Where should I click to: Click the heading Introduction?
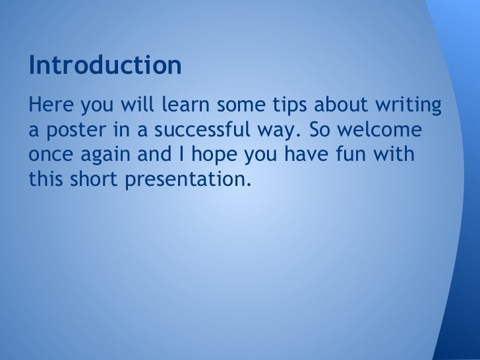click(x=104, y=66)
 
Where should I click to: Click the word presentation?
click(x=188, y=179)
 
